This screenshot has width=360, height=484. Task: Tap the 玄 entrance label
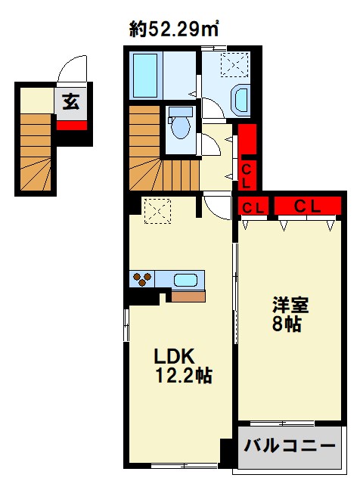(x=71, y=102)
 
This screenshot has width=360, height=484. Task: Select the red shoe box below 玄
(x=72, y=125)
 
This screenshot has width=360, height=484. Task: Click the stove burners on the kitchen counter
(x=142, y=280)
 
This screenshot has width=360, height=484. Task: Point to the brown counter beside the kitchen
(x=188, y=296)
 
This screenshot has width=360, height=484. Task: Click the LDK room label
(x=175, y=355)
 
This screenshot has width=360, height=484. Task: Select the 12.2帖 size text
(x=184, y=374)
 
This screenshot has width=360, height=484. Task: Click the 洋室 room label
(x=292, y=306)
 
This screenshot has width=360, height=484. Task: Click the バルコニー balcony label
(x=289, y=446)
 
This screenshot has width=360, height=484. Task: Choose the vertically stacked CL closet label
(x=247, y=174)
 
